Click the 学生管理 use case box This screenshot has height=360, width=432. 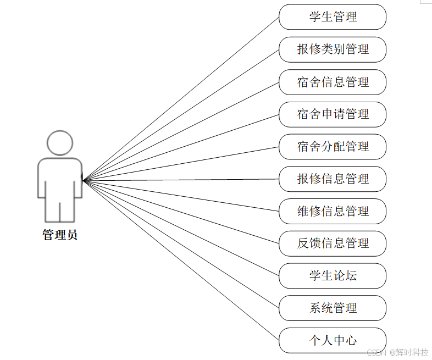tap(333, 17)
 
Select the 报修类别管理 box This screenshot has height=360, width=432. tap(333, 49)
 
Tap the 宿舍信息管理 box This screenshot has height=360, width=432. tap(333, 82)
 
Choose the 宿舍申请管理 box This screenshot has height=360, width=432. tap(333, 114)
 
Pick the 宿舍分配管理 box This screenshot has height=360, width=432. tap(333, 147)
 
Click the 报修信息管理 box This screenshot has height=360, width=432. tap(333, 179)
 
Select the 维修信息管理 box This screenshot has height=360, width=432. tap(333, 212)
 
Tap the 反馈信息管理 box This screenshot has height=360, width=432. tap(333, 243)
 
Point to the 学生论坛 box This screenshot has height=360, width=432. tap(333, 276)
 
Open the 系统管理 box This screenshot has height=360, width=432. tap(333, 308)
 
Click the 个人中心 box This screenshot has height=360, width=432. tap(333, 341)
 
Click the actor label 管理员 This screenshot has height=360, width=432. tap(60, 235)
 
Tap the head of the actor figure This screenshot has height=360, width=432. tap(60, 143)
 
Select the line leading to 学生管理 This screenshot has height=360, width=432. tap(181, 98)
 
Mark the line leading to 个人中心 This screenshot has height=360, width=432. tap(181, 261)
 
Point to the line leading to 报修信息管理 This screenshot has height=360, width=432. tap(181, 180)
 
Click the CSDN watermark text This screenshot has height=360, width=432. tap(376, 352)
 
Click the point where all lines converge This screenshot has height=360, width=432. tap(84, 180)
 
